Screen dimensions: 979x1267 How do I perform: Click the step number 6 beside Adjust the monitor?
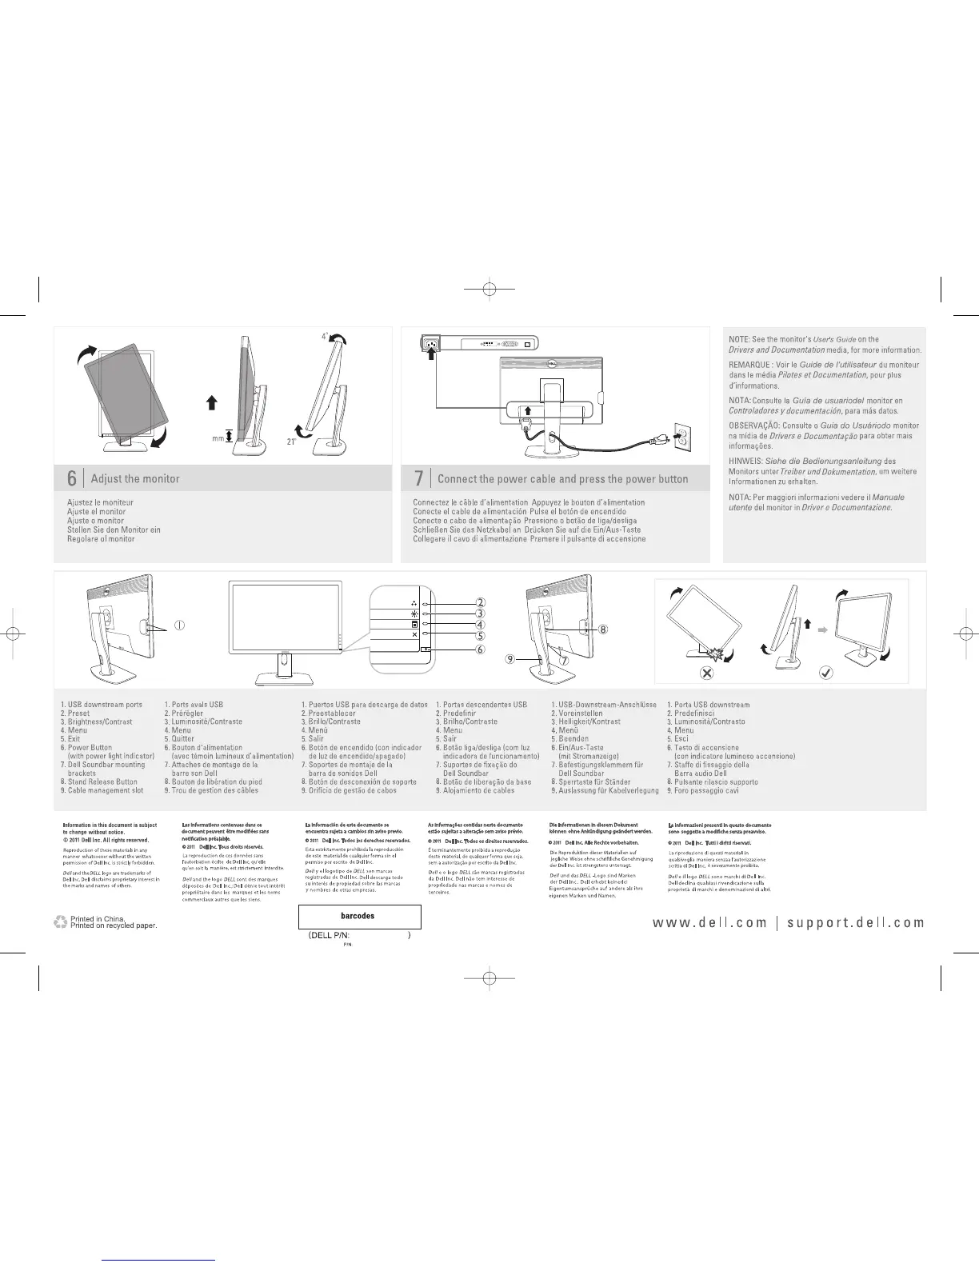pos(71,478)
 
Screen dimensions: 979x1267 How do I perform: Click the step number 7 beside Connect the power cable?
pos(418,478)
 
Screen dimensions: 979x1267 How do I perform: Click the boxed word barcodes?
pos(358,916)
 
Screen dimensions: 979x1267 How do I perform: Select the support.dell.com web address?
pos(855,922)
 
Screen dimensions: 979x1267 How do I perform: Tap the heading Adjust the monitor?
pos(135,478)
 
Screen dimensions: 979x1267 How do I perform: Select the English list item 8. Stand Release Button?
pos(99,781)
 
